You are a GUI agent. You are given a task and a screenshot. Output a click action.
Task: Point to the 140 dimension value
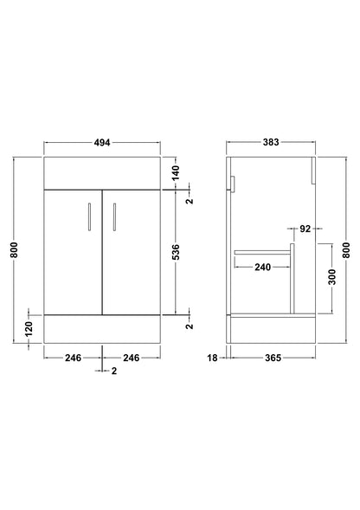(x=176, y=173)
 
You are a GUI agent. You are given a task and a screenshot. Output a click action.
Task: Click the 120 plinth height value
(x=29, y=329)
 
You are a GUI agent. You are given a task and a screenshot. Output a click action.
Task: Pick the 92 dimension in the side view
(x=304, y=229)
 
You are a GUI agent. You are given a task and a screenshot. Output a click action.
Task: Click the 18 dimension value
(x=211, y=356)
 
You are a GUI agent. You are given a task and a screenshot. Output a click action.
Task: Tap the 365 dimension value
(x=274, y=356)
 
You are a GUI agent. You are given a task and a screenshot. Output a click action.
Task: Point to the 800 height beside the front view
(x=14, y=252)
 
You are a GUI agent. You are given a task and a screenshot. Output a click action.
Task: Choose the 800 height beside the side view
(x=347, y=252)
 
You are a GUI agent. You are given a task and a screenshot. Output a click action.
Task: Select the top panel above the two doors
(x=103, y=173)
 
